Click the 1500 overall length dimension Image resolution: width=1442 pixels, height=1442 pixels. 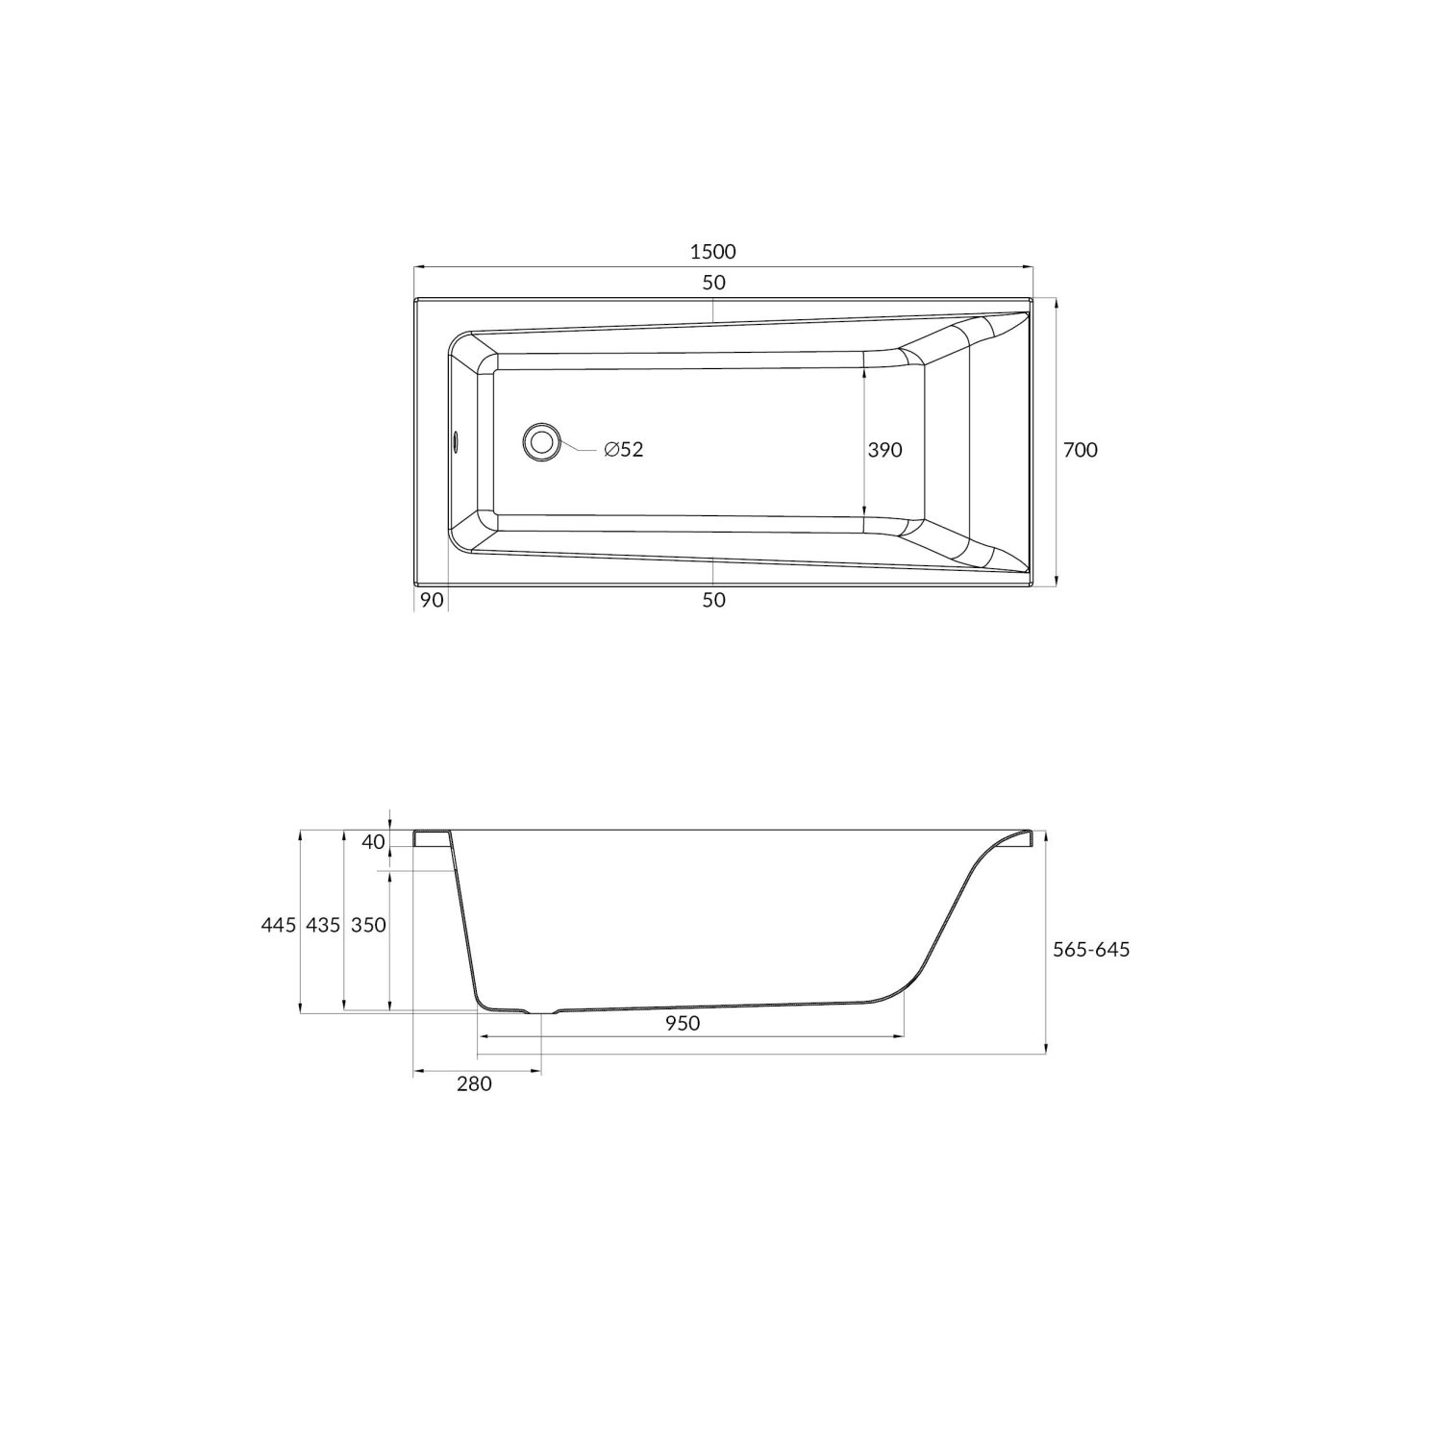[x=712, y=253]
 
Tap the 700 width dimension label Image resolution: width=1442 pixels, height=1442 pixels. [x=1081, y=449]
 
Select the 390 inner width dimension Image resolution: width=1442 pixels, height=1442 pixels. [x=885, y=449]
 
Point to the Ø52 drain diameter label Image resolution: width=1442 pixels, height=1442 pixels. [x=624, y=449]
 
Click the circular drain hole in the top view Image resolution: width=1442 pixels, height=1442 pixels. [x=541, y=442]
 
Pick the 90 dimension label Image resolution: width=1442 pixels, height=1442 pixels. [x=432, y=600]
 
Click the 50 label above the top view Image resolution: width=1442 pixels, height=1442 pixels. [x=713, y=283]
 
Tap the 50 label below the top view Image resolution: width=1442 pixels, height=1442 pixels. [x=713, y=600]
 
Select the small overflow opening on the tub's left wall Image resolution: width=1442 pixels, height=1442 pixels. [x=456, y=442]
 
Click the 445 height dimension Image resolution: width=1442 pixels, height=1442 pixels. [x=278, y=925]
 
